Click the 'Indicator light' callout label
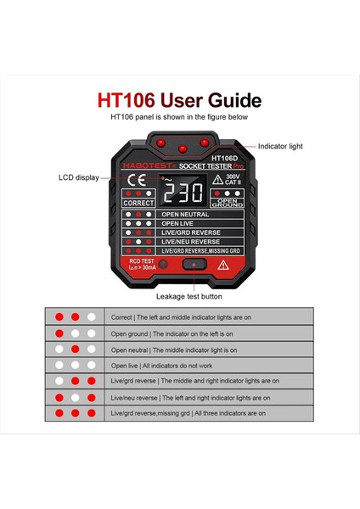[x=280, y=147]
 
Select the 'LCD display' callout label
[x=78, y=177]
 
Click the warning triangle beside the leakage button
[x=223, y=266]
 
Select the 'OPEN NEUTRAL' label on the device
[x=185, y=215]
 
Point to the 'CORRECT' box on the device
[x=138, y=204]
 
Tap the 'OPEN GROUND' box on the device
[x=227, y=204]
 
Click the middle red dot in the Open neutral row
[x=75, y=349]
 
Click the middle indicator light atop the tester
[x=179, y=141]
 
